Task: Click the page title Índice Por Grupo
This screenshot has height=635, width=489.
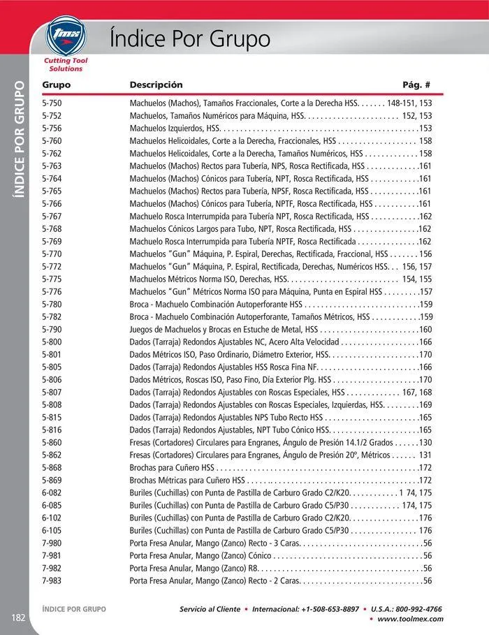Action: click(x=190, y=38)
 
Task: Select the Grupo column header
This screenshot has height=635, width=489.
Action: click(x=57, y=85)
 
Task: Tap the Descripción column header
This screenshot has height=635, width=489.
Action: click(x=156, y=85)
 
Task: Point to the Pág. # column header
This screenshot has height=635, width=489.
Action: click(x=416, y=85)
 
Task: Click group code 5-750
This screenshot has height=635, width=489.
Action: click(x=52, y=103)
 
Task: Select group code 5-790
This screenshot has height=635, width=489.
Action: click(x=52, y=329)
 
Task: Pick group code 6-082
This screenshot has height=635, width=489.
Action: click(x=52, y=492)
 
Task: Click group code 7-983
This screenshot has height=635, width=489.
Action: click(x=52, y=581)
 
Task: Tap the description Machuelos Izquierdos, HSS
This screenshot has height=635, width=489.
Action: click(x=175, y=128)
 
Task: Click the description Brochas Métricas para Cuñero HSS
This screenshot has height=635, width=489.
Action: click(x=187, y=480)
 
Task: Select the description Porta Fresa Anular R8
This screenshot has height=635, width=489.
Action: click(x=193, y=568)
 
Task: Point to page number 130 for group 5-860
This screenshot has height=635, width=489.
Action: click(x=425, y=442)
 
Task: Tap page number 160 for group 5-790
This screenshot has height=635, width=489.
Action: click(x=425, y=329)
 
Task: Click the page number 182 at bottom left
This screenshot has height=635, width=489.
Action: click(x=18, y=617)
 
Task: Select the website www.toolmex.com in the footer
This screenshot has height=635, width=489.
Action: click(x=409, y=619)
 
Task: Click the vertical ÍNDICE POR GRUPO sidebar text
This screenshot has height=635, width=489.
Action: click(x=20, y=140)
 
